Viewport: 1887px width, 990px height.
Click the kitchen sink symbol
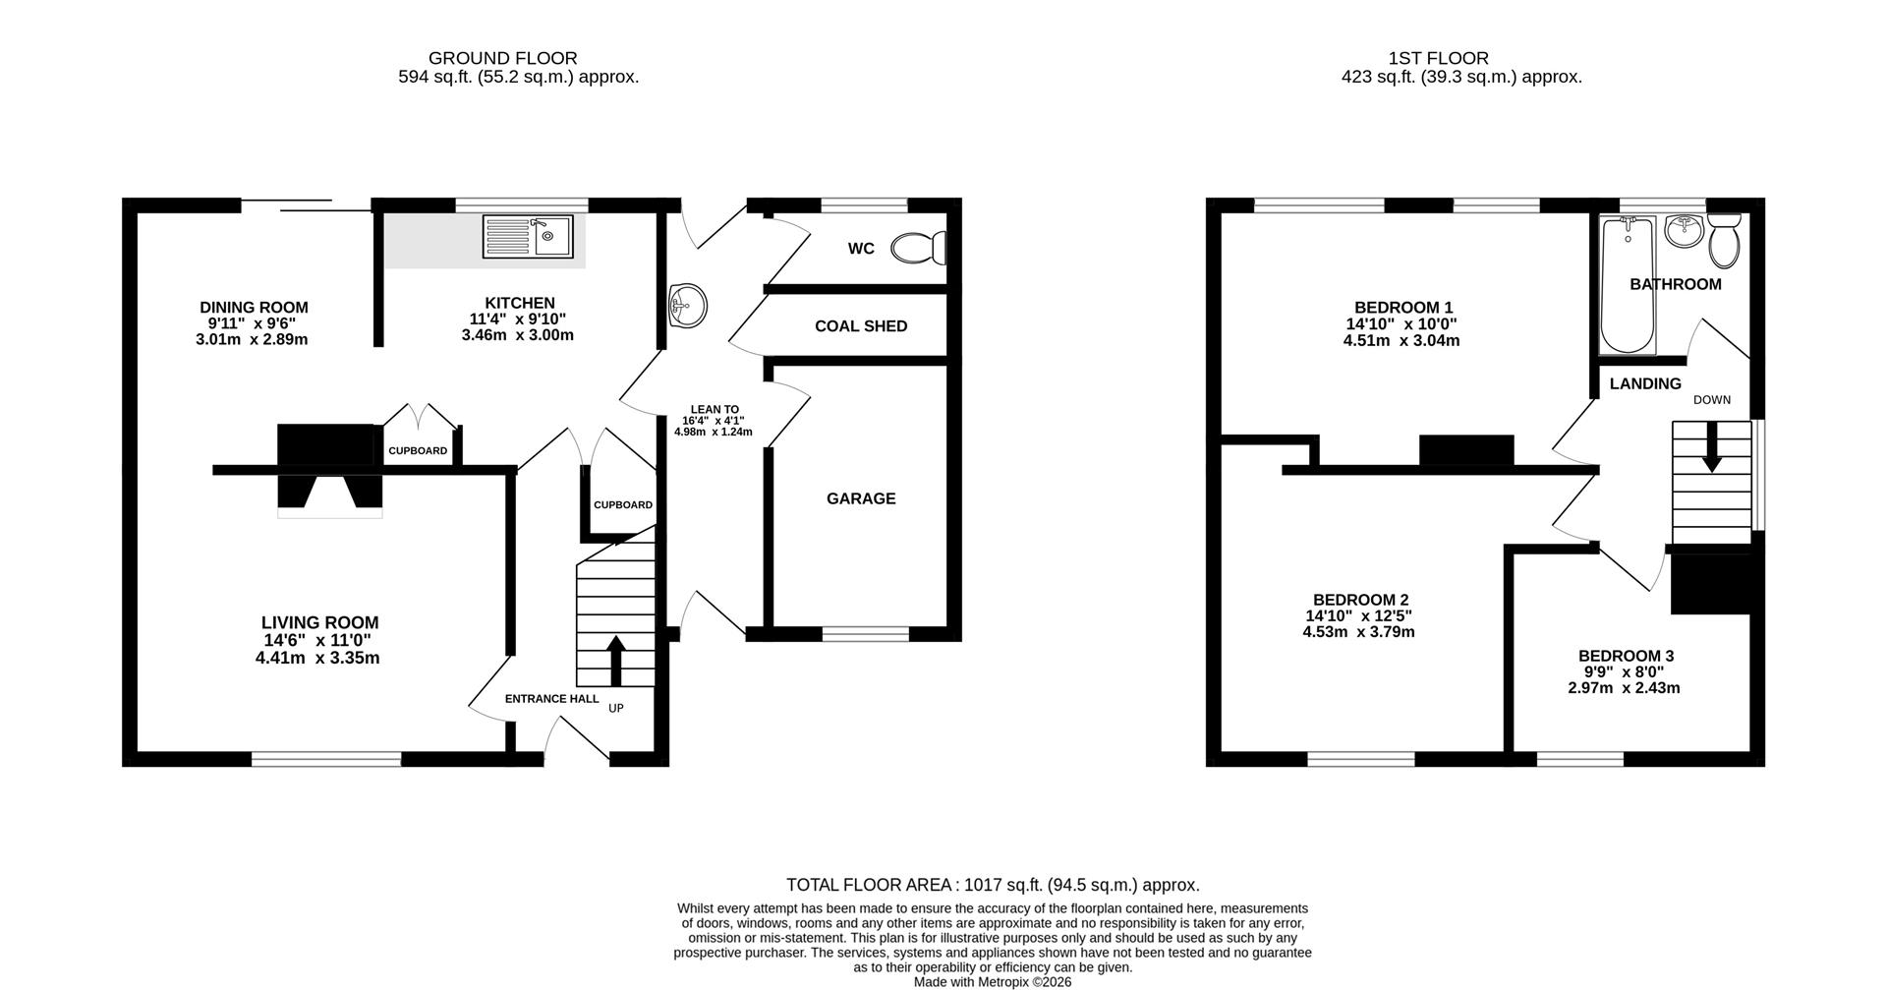click(x=528, y=237)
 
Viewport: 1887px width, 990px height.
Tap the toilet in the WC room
click(x=919, y=248)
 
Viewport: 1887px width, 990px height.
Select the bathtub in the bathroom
click(x=1627, y=286)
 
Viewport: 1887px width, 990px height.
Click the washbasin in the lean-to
click(x=687, y=305)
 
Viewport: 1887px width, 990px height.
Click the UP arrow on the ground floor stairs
click(x=616, y=661)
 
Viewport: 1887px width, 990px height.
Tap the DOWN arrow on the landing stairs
click(x=1711, y=447)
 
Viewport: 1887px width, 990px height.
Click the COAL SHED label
click(x=861, y=326)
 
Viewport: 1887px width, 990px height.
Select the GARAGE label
click(x=861, y=498)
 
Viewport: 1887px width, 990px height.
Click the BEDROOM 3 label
click(x=1626, y=656)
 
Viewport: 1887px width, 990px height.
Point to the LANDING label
click(x=1645, y=384)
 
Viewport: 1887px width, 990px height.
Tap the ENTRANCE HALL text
click(x=551, y=699)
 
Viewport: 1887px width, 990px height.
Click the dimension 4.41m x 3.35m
click(x=317, y=658)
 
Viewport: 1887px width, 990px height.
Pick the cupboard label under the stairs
click(x=622, y=505)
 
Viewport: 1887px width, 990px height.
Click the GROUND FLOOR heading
click(x=502, y=59)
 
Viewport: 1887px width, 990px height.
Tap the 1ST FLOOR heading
click(x=1438, y=59)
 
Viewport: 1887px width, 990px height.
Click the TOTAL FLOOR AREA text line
click(x=993, y=885)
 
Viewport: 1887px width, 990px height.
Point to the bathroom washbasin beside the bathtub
click(x=1685, y=232)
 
